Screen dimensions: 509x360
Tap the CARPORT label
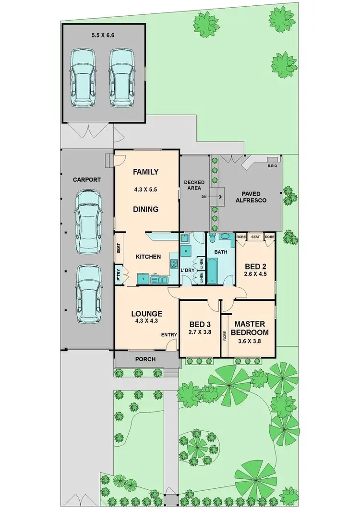point(87,180)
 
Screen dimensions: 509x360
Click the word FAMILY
point(145,172)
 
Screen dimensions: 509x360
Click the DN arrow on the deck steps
point(219,196)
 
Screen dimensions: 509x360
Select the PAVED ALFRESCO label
point(248,197)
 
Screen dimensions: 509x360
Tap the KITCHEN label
point(148,257)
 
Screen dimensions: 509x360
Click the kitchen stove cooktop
point(174,263)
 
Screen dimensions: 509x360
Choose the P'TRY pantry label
point(119,275)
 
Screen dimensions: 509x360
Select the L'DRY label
point(187,270)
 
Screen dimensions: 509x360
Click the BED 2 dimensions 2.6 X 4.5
point(256,275)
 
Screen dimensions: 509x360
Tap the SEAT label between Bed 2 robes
point(255,237)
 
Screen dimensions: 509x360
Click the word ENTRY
point(169,334)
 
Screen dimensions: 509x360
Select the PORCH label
point(145,359)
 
